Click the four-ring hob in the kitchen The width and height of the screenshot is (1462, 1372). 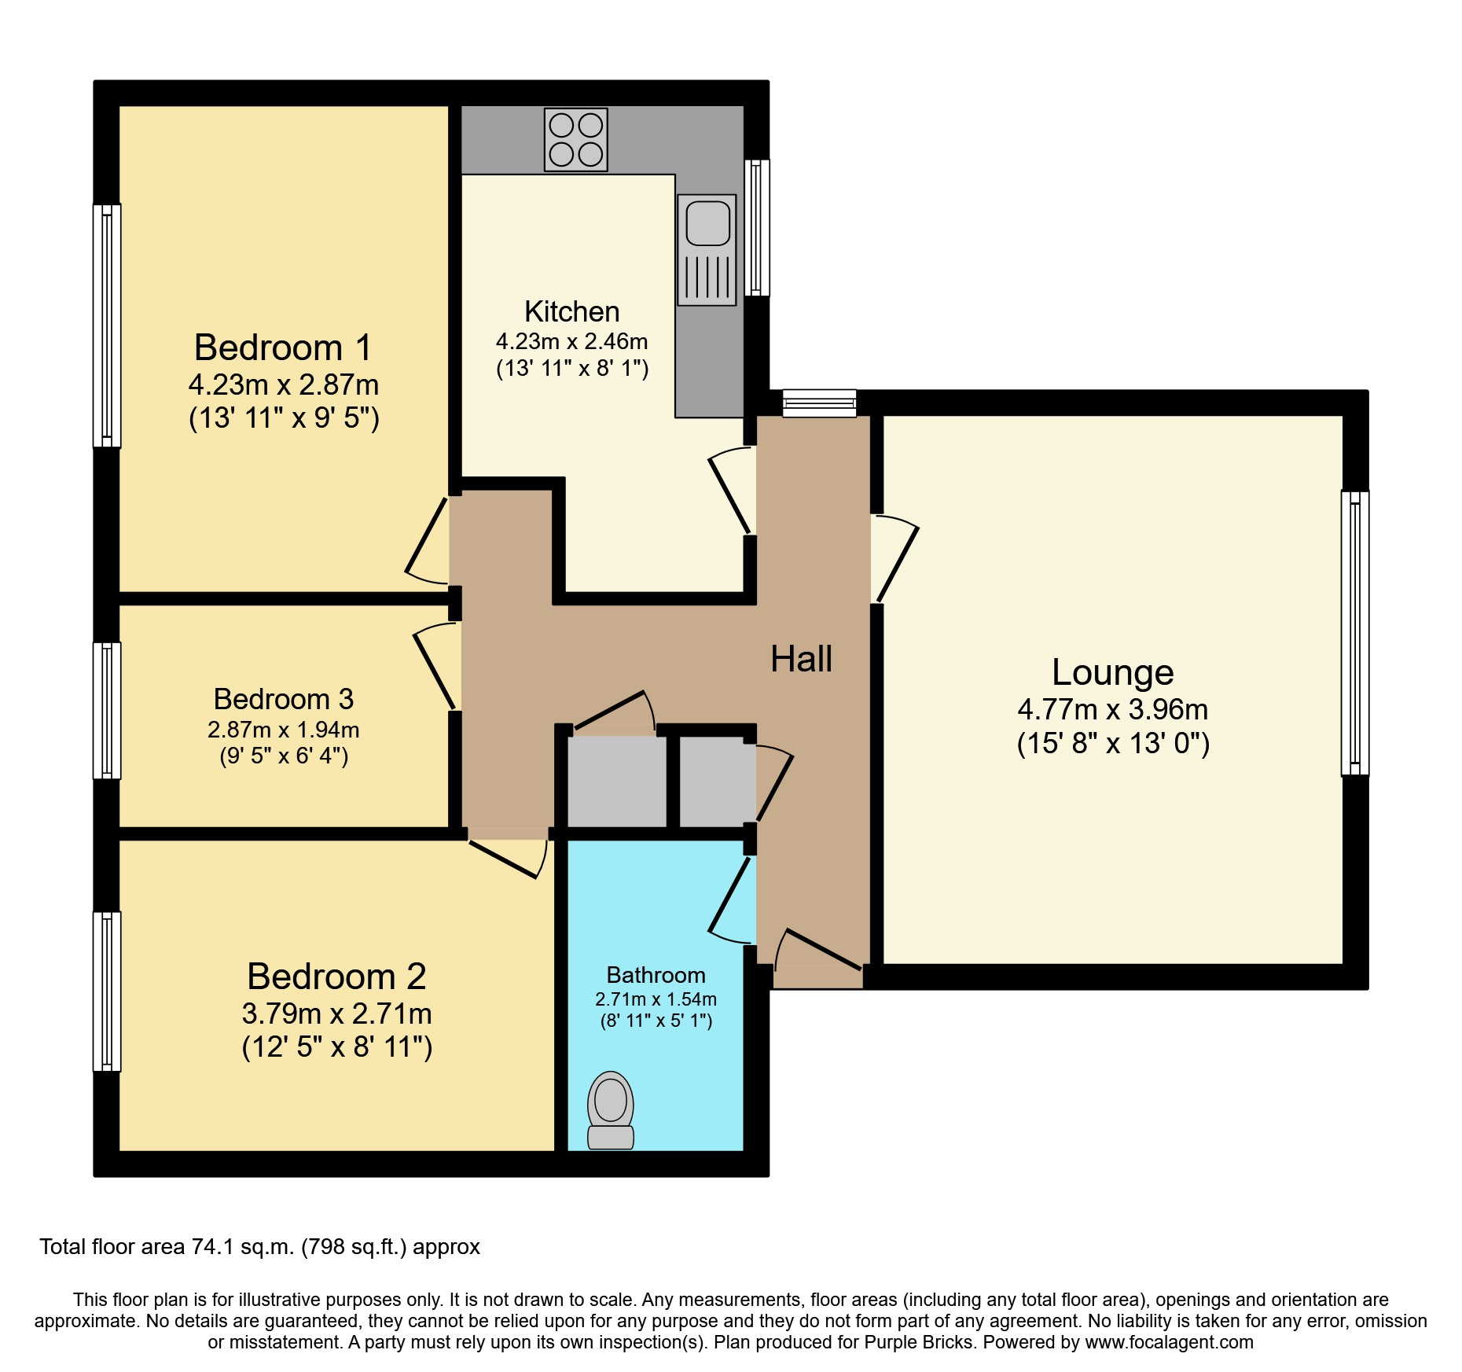(x=576, y=140)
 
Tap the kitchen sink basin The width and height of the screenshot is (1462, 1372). (x=707, y=223)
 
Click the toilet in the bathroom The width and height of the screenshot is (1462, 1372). (x=611, y=1110)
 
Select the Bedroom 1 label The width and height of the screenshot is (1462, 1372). (x=283, y=348)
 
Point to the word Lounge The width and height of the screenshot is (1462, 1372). (x=1112, y=672)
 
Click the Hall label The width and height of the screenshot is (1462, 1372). (x=801, y=659)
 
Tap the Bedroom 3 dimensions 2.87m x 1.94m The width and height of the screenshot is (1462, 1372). (x=283, y=730)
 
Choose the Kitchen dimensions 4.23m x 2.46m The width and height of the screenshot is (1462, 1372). (x=571, y=341)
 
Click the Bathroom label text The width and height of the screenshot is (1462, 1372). (x=656, y=975)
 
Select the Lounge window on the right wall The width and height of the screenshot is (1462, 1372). (x=1354, y=633)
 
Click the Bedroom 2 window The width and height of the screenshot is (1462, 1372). (x=107, y=991)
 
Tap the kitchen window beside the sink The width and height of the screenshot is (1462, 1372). (x=757, y=227)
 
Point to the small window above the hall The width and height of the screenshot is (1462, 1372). (x=819, y=403)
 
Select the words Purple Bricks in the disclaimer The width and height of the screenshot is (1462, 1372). (x=918, y=1342)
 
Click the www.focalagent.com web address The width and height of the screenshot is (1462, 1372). (x=1169, y=1342)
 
